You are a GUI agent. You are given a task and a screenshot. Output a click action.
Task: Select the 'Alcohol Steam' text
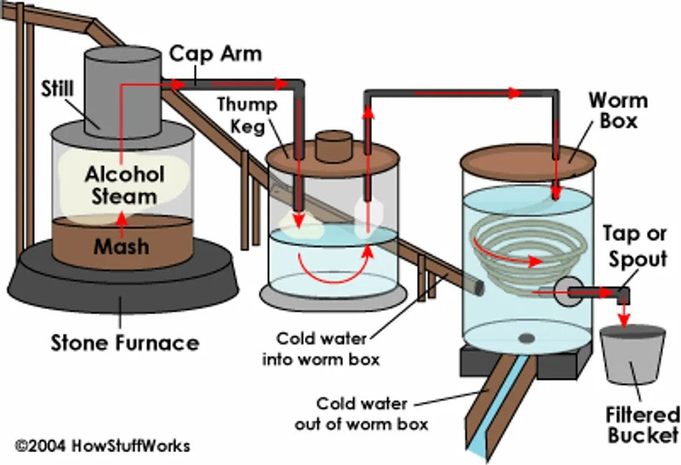click(124, 185)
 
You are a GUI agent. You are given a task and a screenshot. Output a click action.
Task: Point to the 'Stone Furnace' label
click(124, 343)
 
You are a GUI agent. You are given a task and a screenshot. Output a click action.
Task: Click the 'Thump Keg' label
click(247, 115)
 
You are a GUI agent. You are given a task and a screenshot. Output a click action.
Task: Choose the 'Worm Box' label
click(613, 110)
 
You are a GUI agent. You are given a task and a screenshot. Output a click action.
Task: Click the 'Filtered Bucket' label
click(642, 424)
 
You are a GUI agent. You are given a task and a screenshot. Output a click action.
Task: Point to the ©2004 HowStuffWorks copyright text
click(103, 446)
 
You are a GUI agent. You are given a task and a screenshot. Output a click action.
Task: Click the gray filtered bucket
click(629, 358)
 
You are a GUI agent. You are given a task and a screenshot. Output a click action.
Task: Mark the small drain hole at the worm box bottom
click(527, 338)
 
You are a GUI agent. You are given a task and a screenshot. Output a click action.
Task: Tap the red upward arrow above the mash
click(122, 219)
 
